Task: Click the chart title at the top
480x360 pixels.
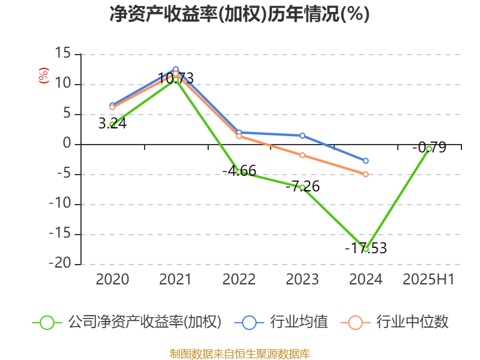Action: pyautogui.click(x=239, y=14)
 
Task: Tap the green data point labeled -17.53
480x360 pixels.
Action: pyautogui.click(x=365, y=249)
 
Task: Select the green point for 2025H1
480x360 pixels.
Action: pyautogui.click(x=429, y=148)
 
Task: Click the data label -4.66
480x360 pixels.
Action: pyautogui.click(x=239, y=171)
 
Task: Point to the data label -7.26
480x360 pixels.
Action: pyautogui.click(x=302, y=187)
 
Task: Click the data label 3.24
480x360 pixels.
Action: pyautogui.click(x=112, y=124)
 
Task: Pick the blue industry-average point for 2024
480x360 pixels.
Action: pyautogui.click(x=365, y=161)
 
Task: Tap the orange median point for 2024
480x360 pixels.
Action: pyautogui.click(x=365, y=174)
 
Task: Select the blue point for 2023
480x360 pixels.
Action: pyautogui.click(x=302, y=136)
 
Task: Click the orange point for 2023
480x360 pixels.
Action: pyautogui.click(x=302, y=155)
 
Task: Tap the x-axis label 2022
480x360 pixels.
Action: pyautogui.click(x=239, y=280)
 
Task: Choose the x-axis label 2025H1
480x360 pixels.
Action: pyautogui.click(x=428, y=280)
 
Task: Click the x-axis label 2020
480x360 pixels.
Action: pyautogui.click(x=112, y=280)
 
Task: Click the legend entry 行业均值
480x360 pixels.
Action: pyautogui.click(x=298, y=322)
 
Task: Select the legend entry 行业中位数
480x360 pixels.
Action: pyautogui.click(x=412, y=322)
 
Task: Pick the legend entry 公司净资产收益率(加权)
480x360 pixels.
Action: pyautogui.click(x=144, y=322)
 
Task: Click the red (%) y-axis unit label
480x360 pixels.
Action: pyautogui.click(x=43, y=75)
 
